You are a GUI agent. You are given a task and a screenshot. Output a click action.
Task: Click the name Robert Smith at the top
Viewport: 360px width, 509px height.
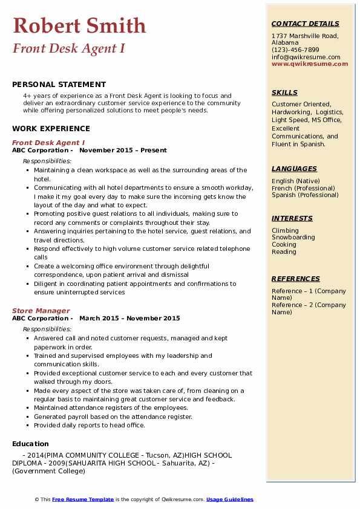tap(79, 25)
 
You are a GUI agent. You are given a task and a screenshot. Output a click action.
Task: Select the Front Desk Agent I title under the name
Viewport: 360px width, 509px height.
tap(68, 48)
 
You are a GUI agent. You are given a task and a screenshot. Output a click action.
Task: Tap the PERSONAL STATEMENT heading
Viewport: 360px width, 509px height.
tap(59, 85)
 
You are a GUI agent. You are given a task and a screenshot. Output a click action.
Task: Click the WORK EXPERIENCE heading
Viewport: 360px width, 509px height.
tap(51, 128)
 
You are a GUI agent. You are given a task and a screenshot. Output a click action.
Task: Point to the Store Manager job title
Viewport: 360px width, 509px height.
tap(41, 311)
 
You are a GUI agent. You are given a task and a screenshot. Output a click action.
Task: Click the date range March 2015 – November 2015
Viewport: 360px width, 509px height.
tap(129, 319)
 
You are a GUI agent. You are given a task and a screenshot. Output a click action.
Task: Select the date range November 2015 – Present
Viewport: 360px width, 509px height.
tap(123, 151)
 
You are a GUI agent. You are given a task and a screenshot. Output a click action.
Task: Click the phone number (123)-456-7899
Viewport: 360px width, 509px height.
tap(295, 50)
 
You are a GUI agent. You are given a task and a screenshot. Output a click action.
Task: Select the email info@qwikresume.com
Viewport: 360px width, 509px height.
tap(306, 57)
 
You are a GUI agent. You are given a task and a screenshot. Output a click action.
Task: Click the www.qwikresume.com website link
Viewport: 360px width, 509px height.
tap(310, 64)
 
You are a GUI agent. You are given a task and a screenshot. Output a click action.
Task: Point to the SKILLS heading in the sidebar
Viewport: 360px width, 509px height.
tap(284, 93)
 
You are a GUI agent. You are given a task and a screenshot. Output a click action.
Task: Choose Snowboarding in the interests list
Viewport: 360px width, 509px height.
tap(293, 238)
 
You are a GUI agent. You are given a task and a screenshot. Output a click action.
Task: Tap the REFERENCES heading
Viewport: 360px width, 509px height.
tap(295, 279)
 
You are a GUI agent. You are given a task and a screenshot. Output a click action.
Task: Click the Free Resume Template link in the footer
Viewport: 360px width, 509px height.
tap(82, 499)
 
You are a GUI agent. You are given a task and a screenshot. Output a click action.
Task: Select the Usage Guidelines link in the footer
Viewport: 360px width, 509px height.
tap(229, 499)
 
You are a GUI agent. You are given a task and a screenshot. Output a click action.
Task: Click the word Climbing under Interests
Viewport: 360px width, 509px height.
tap(285, 230)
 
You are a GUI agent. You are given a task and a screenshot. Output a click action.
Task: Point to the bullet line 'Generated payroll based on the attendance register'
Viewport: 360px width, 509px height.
tap(113, 417)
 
